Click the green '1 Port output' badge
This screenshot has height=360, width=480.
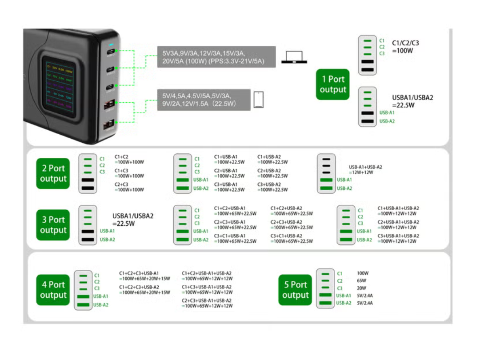[333, 84]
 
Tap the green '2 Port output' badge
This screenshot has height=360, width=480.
[53, 174]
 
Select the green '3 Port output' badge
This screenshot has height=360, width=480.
[53, 225]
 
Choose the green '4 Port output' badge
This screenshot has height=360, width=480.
[53, 290]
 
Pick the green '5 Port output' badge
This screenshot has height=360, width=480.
[295, 290]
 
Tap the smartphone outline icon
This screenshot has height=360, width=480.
[258, 100]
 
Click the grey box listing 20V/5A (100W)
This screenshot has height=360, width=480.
[216, 57]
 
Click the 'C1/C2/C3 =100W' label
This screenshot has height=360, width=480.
[405, 47]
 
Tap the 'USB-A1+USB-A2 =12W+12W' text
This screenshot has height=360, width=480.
[365, 170]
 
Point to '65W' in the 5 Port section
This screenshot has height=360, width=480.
[362, 281]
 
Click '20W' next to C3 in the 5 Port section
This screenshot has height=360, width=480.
[362, 288]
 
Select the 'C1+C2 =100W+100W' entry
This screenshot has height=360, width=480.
[129, 160]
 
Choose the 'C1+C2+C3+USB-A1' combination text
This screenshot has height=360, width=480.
[139, 273]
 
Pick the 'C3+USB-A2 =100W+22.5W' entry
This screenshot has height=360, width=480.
[272, 187]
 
